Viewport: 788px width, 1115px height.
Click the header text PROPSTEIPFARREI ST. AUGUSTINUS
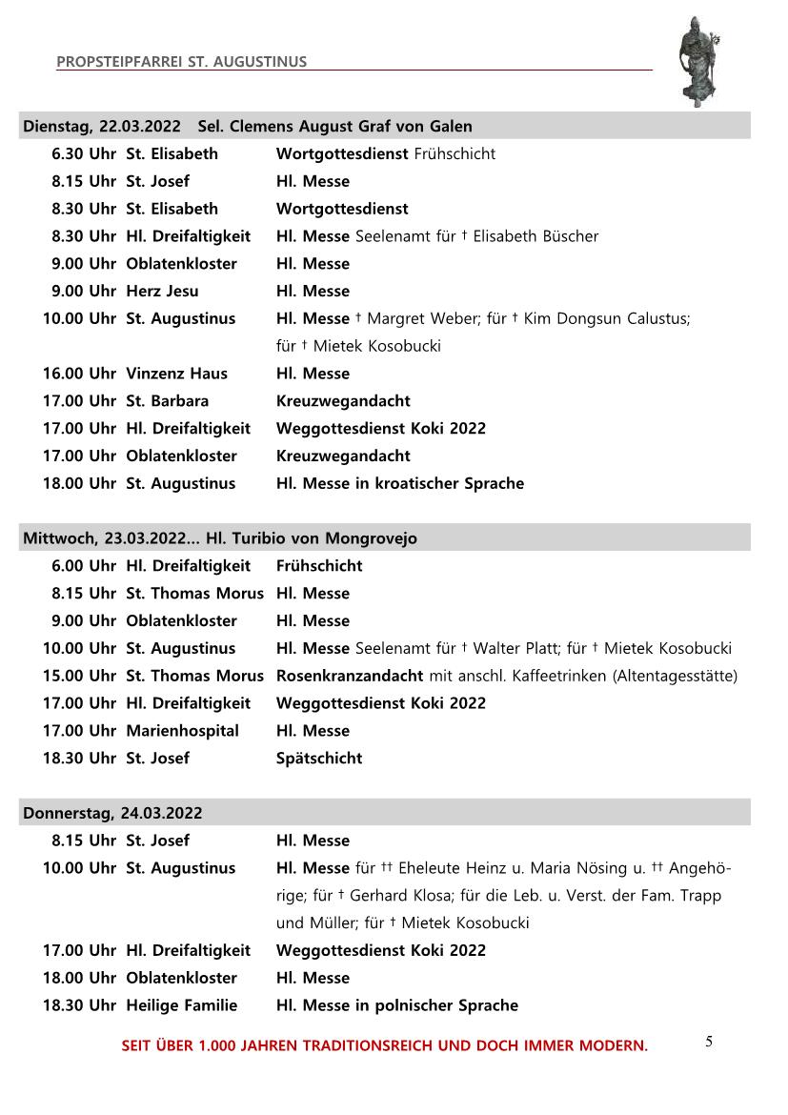(181, 62)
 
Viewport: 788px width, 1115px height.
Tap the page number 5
(709, 1041)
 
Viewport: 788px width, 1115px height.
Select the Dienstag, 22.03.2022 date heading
(102, 126)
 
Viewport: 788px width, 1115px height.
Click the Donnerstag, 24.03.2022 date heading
(112, 813)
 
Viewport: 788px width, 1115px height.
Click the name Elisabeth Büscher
(535, 236)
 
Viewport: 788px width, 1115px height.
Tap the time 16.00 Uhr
(79, 374)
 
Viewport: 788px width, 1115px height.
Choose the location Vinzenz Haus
(176, 374)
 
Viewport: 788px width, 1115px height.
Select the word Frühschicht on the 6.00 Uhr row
(319, 566)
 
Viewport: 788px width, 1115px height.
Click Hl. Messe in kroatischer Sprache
(399, 483)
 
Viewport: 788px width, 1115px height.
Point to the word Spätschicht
(319, 759)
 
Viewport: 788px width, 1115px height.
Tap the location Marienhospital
(182, 731)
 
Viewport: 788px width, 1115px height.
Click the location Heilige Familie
(181, 1005)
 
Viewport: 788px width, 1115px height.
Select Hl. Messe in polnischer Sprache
(396, 1005)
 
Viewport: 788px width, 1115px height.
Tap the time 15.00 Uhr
(79, 676)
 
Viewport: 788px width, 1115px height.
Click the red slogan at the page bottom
(384, 1045)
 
